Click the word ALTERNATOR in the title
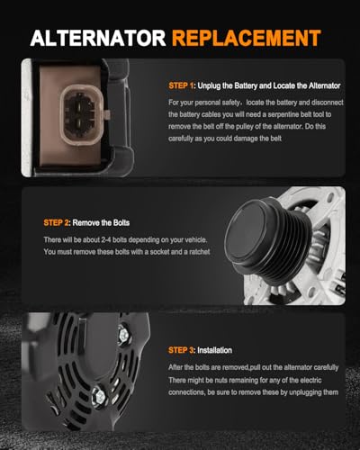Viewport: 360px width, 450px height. (x=98, y=38)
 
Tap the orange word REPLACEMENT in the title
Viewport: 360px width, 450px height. (x=247, y=38)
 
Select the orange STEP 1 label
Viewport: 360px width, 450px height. (x=182, y=85)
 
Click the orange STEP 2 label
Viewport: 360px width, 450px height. (x=57, y=222)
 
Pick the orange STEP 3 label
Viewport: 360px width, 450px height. (x=182, y=350)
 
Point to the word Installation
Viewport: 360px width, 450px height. (x=214, y=350)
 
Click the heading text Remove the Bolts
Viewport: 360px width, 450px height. (x=101, y=222)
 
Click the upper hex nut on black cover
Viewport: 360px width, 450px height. (x=123, y=333)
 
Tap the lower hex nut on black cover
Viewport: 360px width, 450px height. (x=99, y=396)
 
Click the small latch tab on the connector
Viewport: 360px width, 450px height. (x=108, y=114)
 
